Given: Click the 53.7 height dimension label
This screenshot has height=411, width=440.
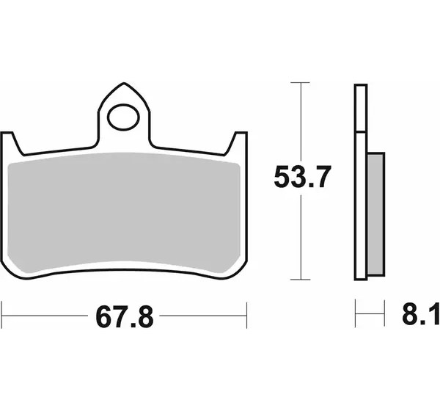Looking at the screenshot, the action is coord(301,177).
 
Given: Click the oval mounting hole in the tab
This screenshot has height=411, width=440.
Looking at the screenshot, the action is coord(123,117).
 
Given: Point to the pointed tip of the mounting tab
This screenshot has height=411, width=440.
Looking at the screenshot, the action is coord(124,83).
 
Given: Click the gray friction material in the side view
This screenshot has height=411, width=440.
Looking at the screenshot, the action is coord(375,214).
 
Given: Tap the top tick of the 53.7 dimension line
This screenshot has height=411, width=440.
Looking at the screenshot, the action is coord(301,83).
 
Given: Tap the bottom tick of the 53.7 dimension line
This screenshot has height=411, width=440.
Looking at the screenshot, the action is coord(301,280).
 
